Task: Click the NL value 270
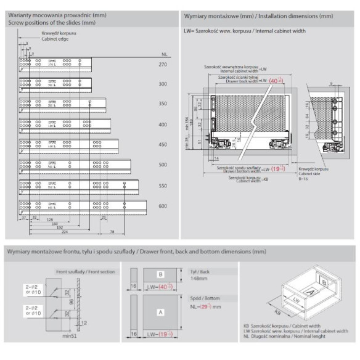point(163,64)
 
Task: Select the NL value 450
point(163,145)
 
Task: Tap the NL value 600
point(163,206)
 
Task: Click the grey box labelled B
point(160,274)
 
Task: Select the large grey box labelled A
point(160,313)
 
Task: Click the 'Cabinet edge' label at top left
point(55,38)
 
